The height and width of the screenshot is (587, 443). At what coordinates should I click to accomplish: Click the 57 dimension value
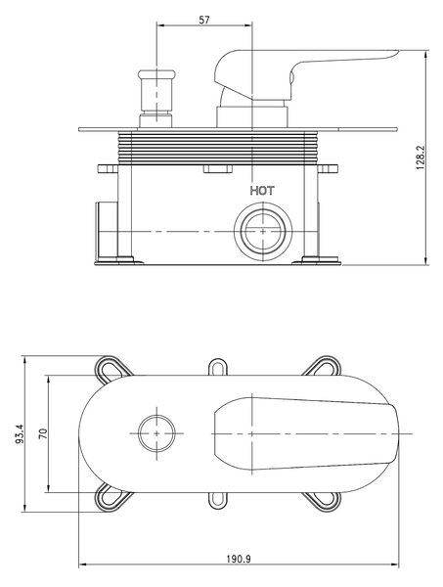[x=204, y=20]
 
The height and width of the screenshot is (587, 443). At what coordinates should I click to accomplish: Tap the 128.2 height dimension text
[x=421, y=158]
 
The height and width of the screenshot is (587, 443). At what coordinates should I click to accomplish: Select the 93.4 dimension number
[x=20, y=433]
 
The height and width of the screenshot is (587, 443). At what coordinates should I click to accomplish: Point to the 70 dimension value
[x=43, y=433]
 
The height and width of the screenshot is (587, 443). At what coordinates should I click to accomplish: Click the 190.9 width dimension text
[x=239, y=560]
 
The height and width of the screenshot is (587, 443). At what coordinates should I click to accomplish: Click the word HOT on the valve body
[x=262, y=191]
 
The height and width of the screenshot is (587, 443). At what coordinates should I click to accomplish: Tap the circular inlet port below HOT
[x=263, y=231]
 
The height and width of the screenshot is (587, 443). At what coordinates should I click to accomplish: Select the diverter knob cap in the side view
[x=156, y=74]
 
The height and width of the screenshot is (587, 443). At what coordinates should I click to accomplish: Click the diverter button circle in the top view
[x=156, y=433]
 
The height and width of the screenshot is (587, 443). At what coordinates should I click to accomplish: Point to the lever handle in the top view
[x=305, y=433]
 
